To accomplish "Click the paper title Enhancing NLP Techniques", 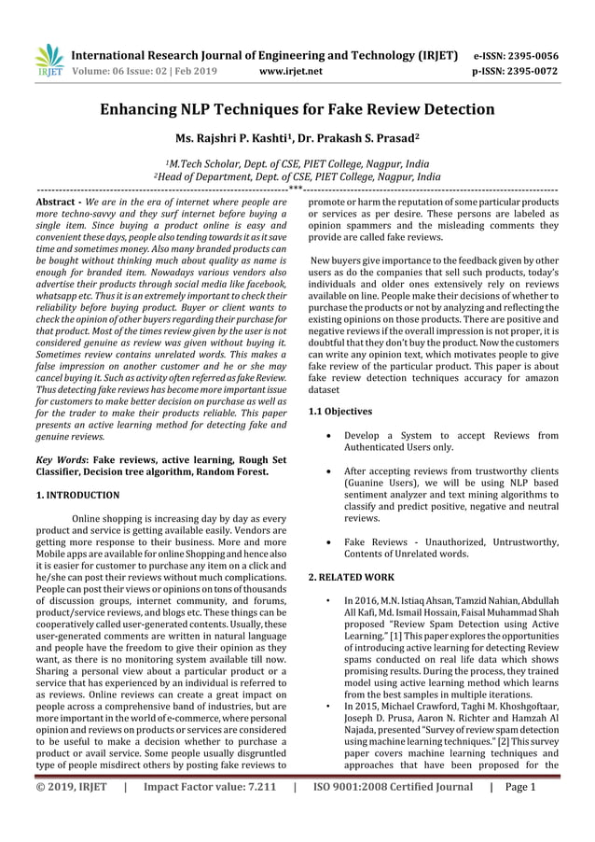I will [297, 109].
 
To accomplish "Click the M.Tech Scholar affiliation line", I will [297, 161].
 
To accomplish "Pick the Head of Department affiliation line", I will [297, 175].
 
